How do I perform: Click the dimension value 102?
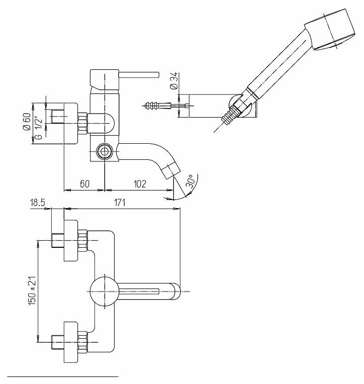[140, 184]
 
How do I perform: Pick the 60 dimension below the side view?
[84, 184]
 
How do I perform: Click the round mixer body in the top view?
[103, 291]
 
